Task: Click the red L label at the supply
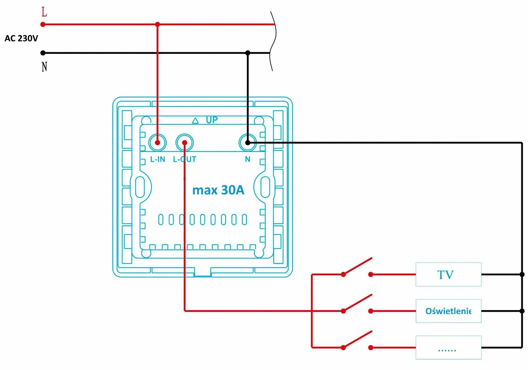(44, 12)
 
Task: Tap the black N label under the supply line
(44, 67)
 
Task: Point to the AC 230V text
(21, 38)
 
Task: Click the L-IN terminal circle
(157, 142)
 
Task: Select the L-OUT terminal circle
(184, 142)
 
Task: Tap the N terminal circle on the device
(248, 142)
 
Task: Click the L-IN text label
(158, 159)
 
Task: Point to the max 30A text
(218, 190)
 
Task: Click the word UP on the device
(212, 120)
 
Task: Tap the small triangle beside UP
(195, 121)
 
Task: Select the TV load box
(448, 274)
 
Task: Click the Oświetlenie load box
(448, 311)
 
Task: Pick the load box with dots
(448, 348)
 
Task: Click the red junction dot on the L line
(157, 24)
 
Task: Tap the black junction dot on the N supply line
(248, 53)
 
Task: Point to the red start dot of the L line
(43, 24)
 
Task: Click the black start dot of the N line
(43, 53)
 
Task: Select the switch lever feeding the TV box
(357, 266)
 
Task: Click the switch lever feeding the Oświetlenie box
(357, 303)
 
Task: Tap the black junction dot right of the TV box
(522, 274)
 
